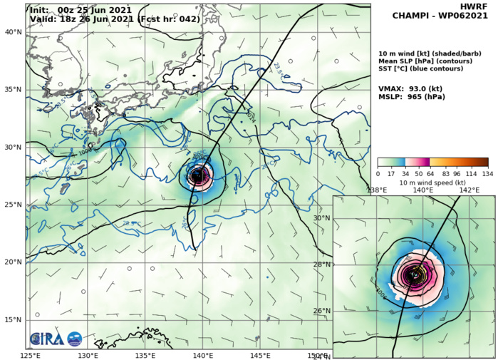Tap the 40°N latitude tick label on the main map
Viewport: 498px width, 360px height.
tap(13, 32)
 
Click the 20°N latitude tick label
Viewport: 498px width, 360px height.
tap(13, 262)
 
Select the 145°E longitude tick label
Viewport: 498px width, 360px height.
tap(259, 355)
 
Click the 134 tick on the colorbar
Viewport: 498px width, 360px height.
tap(487, 173)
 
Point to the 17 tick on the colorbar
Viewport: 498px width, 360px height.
tap(392, 173)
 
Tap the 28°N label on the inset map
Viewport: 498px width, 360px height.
tap(322, 264)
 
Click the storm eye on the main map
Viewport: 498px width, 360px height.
tap(197, 175)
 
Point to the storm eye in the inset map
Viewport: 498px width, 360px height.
tap(413, 275)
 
